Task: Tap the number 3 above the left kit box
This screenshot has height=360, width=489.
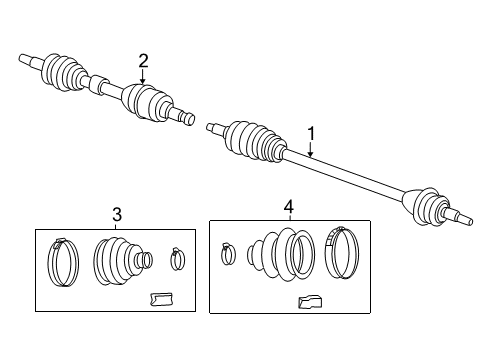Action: coord(117,213)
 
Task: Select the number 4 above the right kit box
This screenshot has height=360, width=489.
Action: coord(288,207)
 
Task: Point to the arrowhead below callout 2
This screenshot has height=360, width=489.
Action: coord(143,85)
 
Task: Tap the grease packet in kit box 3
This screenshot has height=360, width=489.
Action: coord(160,297)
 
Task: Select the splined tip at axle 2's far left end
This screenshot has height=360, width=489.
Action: coord(27,59)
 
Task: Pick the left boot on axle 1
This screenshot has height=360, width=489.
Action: coord(252,140)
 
